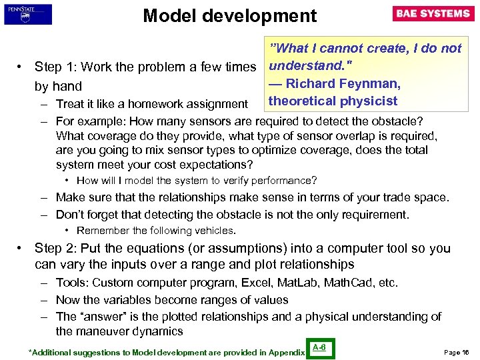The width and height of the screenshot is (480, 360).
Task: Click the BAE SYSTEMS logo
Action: pos(432,14)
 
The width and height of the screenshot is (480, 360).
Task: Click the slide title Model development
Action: pos(229,15)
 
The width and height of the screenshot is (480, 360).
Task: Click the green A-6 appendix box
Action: pos(319,349)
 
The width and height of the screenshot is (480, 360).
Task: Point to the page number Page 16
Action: pos(457,352)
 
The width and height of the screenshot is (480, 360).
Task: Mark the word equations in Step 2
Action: pos(161,249)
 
